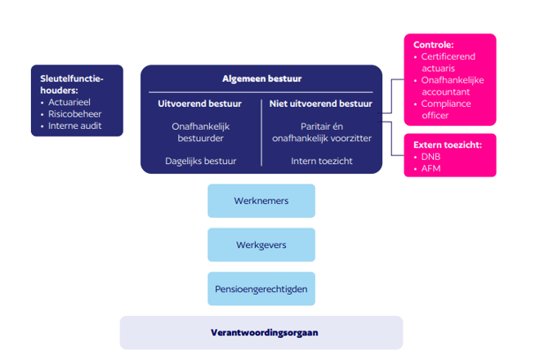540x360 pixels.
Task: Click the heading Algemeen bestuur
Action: coord(261,79)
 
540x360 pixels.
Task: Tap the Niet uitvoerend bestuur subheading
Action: coord(320,104)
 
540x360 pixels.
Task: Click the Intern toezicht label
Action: coord(321,161)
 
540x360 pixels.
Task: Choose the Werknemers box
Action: coord(261,201)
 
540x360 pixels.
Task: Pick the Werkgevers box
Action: coord(261,245)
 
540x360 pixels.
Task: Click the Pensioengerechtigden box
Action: coord(261,289)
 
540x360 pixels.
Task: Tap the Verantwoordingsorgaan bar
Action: coord(261,333)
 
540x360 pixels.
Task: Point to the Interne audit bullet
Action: coord(74,126)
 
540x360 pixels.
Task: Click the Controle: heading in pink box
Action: coord(434,45)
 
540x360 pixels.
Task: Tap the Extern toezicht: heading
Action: coord(448,144)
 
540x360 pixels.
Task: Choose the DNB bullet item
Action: coord(431,156)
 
